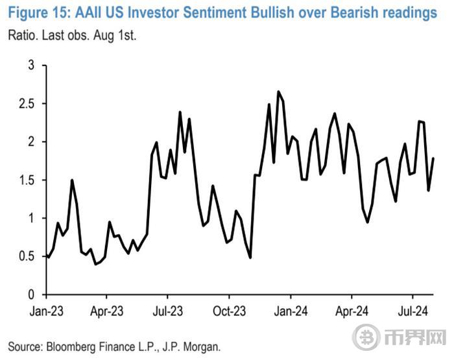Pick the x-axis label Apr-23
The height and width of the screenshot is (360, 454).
[x=108, y=310]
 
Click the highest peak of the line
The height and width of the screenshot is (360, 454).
[x=278, y=92]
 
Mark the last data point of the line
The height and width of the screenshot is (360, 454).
[x=433, y=158]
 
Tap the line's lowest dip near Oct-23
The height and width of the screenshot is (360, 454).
[x=250, y=258]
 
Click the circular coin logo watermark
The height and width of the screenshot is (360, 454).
[x=365, y=339]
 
